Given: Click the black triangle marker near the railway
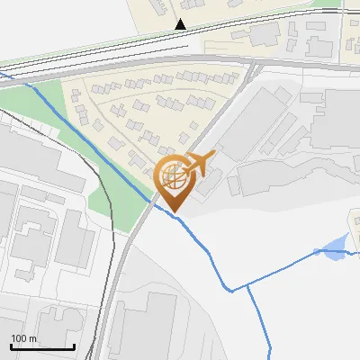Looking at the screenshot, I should (182, 24).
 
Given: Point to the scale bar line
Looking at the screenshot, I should (42, 346).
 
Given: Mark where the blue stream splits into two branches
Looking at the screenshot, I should (247, 286).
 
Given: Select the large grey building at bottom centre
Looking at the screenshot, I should (148, 324).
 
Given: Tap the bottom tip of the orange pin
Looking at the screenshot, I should (174, 212).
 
